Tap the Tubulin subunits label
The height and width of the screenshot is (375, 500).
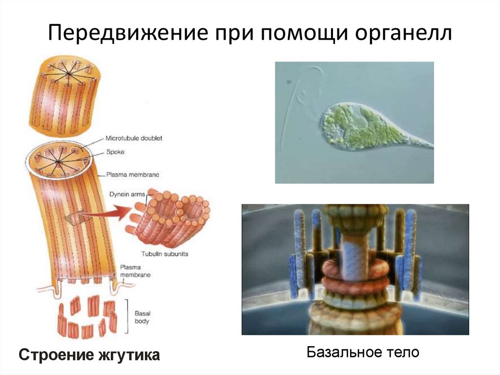[x=165, y=254]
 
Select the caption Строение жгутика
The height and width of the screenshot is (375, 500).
[x=89, y=355]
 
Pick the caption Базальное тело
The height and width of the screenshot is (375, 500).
[x=363, y=352]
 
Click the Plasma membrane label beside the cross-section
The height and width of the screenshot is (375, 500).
[x=135, y=175]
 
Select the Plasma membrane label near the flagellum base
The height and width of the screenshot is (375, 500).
[x=135, y=271]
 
